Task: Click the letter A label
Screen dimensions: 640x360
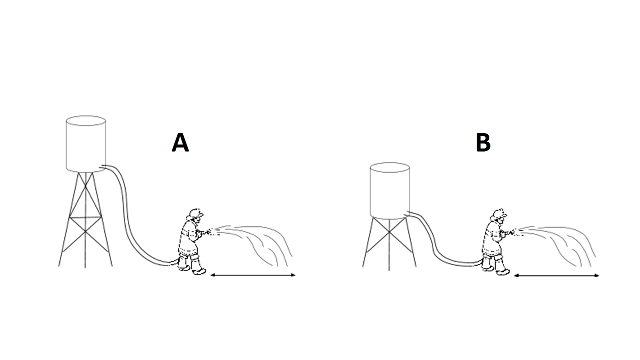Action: [x=180, y=142]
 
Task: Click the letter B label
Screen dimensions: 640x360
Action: [x=483, y=142]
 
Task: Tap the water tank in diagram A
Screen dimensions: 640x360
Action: [x=86, y=143]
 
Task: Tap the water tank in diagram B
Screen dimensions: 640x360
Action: [x=390, y=190]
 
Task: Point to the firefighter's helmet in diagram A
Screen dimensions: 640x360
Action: [x=196, y=213]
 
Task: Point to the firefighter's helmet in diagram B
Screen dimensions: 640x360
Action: [x=499, y=213]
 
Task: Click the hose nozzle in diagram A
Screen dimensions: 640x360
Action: [x=207, y=232]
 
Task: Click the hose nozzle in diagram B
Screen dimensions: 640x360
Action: [x=511, y=233]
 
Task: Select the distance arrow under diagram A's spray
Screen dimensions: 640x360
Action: [x=253, y=275]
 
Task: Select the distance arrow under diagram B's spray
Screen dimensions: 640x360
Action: [x=556, y=276]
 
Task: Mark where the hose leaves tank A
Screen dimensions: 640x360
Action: [x=103, y=166]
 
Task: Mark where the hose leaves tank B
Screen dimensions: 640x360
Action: [x=407, y=213]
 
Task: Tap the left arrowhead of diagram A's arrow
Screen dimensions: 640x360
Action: [x=212, y=275]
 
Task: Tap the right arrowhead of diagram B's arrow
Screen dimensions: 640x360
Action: [x=598, y=276]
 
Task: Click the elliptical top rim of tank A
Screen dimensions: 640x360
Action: [x=86, y=116]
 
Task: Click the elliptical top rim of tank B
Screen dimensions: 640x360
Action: [x=390, y=162]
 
